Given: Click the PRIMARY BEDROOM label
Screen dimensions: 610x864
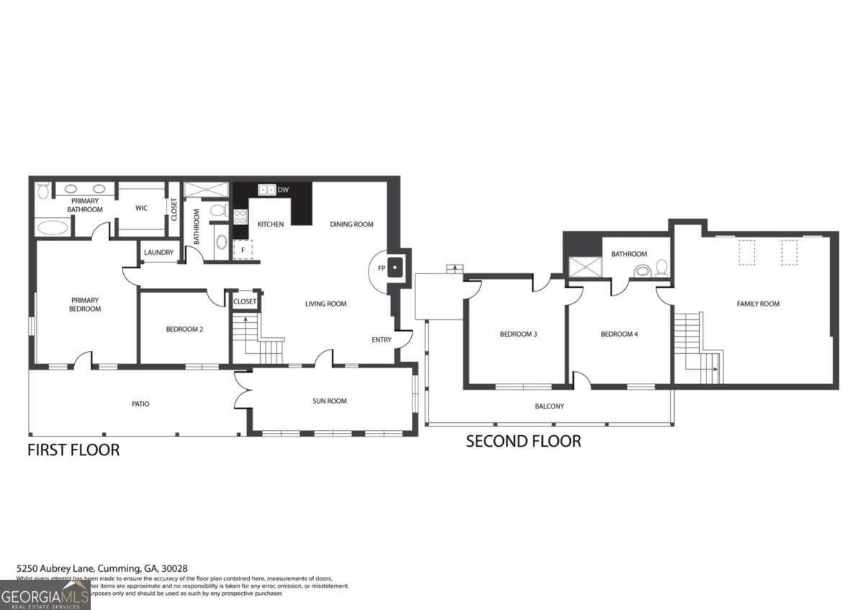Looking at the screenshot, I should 85,304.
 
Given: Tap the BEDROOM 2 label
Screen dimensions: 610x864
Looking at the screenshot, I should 184,329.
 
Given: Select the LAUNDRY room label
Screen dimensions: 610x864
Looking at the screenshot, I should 158,252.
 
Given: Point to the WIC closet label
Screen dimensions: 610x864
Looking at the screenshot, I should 141,209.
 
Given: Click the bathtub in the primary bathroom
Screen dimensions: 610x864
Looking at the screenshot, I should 53,227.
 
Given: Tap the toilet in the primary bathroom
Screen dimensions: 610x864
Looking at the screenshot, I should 42,191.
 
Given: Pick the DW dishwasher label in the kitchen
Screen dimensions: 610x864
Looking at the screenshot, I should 283,190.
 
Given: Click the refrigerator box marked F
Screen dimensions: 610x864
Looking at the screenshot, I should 242,250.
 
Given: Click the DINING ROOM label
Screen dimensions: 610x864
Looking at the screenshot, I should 351,224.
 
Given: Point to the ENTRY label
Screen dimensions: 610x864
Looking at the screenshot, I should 382,340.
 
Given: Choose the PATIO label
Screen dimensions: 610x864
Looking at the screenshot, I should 140,404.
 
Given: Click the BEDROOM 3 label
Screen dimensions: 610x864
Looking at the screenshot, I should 518,334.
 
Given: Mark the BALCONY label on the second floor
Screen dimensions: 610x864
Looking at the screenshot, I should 549,406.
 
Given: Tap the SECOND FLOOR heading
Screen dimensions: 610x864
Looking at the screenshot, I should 523,441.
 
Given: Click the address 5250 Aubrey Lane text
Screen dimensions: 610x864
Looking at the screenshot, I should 102,568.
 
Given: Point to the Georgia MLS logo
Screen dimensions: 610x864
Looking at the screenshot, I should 45,595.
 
